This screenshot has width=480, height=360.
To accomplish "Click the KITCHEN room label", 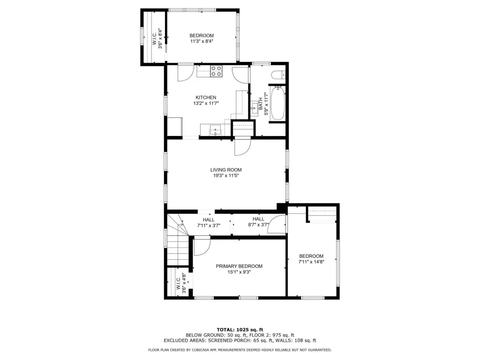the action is [x=206, y=97].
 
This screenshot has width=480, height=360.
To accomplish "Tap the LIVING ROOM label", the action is [x=226, y=170].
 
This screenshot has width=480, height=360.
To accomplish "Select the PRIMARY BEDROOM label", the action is [x=239, y=266].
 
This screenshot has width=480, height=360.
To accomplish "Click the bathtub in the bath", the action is [x=277, y=103].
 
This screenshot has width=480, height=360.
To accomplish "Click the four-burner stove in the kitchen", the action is [x=216, y=71].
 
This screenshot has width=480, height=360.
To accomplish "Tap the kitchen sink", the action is [x=216, y=131].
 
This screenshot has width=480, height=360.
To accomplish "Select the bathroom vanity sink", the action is [x=254, y=108].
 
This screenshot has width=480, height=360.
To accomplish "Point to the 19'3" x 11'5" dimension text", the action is [x=226, y=176].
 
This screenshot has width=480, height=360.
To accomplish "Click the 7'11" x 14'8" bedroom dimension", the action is [x=311, y=262].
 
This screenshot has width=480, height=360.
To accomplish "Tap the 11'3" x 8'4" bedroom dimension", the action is [x=202, y=41].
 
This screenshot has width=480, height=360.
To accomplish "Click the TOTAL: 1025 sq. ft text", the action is [x=240, y=330].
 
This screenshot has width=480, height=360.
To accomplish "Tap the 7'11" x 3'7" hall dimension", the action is [x=209, y=225].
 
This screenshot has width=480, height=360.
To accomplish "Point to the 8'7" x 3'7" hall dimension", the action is [x=258, y=225].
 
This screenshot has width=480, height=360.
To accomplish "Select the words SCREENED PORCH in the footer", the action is [x=228, y=340].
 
